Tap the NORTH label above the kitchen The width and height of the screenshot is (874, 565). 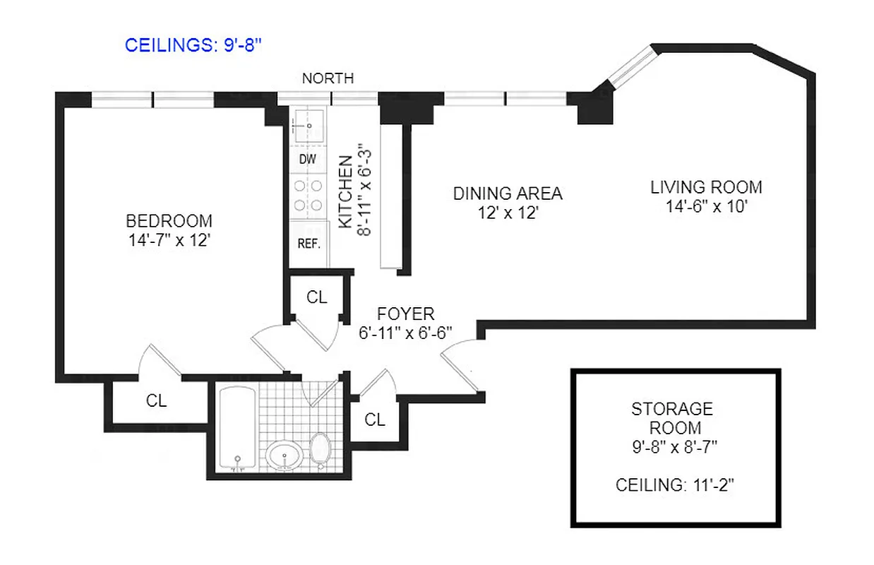[328, 78]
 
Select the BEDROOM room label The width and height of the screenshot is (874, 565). [169, 220]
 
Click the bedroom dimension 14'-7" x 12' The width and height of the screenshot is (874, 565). [169, 240]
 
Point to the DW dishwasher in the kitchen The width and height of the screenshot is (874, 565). [307, 160]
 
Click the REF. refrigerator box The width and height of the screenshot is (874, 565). [309, 244]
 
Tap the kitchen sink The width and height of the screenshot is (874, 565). [309, 126]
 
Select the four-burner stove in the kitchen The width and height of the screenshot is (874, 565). [309, 195]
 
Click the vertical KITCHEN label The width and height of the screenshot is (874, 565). [346, 192]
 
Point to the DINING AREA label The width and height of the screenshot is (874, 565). [508, 193]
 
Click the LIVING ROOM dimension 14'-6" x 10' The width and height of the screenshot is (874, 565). [705, 208]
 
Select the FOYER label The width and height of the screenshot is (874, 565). [405, 314]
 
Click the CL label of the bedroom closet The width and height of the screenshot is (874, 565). [156, 400]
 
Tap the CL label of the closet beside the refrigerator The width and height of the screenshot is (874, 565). [317, 297]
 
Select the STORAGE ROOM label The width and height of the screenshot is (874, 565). [672, 418]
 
